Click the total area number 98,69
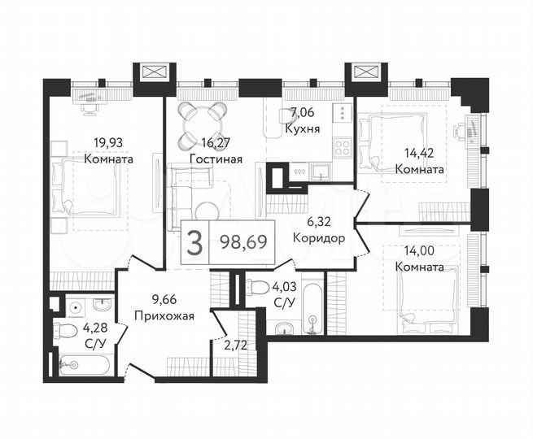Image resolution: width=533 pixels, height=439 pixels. coord(242,240)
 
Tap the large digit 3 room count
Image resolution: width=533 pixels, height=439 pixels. coord(194,240)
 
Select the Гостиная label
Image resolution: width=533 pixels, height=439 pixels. coord(216,159)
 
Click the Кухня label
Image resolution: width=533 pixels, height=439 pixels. coord(302,128)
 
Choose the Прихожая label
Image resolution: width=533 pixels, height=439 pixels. coord(164,317)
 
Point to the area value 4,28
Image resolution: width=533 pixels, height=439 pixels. coord(94,327)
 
